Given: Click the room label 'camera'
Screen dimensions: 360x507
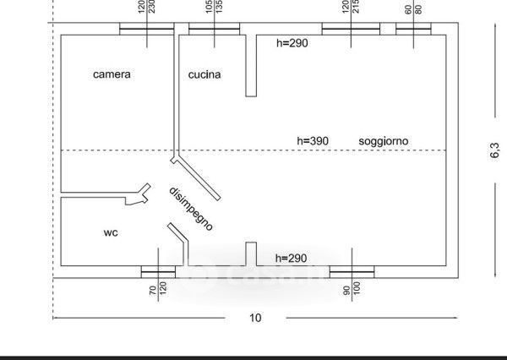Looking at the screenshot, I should coord(112,74).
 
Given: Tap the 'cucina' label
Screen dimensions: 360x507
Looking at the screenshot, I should coord(204,74).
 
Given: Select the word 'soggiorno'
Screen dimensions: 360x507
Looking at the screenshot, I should coord(384,140).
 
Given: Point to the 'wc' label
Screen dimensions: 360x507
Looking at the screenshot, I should coord(110,232).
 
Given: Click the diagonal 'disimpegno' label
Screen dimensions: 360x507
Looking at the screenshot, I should coord(191,208).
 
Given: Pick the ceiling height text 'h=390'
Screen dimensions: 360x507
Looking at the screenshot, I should coord(312,140).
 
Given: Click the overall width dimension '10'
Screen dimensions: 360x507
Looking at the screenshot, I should coord(255,318).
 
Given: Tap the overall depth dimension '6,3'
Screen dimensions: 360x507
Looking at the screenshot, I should coord(495,153).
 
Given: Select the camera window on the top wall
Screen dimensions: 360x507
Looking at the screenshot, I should coord(146,30).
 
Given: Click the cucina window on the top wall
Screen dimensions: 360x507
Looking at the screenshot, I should coord(214,30).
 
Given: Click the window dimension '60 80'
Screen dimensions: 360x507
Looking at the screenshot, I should coord(413,9).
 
